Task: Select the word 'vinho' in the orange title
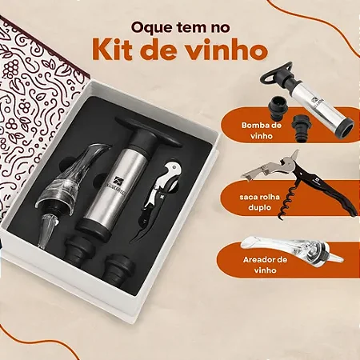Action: click(x=226, y=50)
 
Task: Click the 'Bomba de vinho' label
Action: click(x=262, y=130)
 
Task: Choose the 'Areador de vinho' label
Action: click(x=265, y=265)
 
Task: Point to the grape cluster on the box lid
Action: click(x=12, y=66)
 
